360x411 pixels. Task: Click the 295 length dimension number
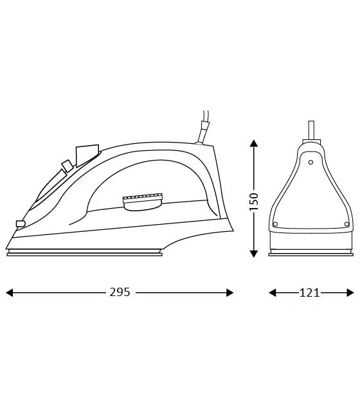coord(120,292)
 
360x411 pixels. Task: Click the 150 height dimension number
coord(254,201)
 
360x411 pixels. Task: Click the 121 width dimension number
coord(309,293)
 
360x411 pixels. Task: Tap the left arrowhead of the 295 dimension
coord(9,293)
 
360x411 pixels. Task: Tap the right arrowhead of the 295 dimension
coord(230,293)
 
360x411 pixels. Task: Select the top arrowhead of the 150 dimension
coord(254,143)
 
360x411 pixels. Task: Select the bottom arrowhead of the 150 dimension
coord(254,254)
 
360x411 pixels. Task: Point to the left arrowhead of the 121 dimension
coord(273,293)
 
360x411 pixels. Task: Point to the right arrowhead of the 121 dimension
coord(350,293)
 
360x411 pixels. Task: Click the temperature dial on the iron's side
coord(143,202)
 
